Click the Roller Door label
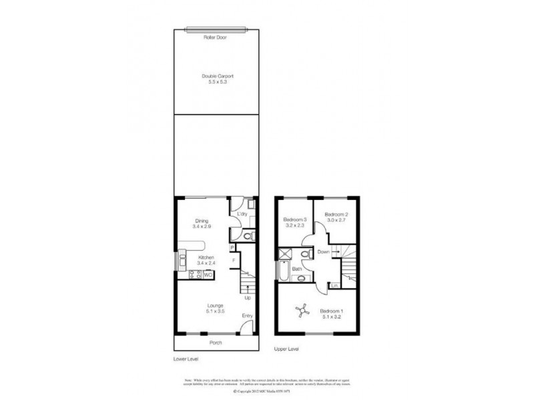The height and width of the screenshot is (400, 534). pos(215,38)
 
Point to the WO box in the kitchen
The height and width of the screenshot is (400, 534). pos(208,273)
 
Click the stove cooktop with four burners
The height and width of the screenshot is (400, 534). pos(196,274)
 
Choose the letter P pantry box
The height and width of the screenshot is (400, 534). pos(233,248)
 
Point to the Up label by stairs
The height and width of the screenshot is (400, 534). pos(247,297)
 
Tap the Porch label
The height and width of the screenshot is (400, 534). pos(215,343)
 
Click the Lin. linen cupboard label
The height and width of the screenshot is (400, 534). pos(333,286)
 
